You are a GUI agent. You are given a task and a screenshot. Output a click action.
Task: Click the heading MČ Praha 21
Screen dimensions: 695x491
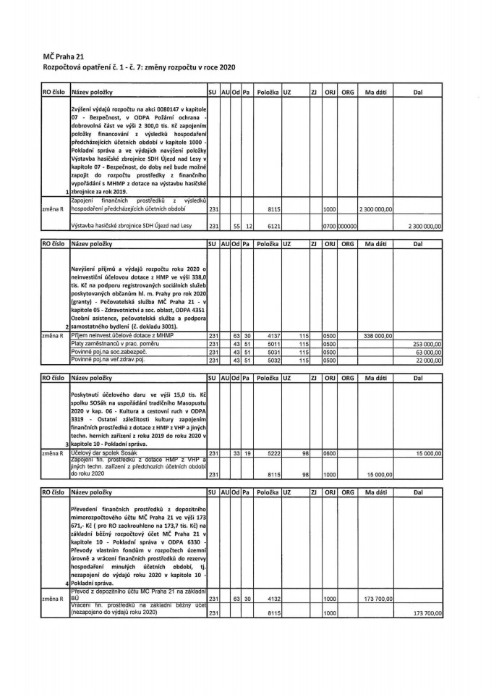[63, 54]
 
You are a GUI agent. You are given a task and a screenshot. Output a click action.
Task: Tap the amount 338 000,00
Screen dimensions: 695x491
[376, 336]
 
